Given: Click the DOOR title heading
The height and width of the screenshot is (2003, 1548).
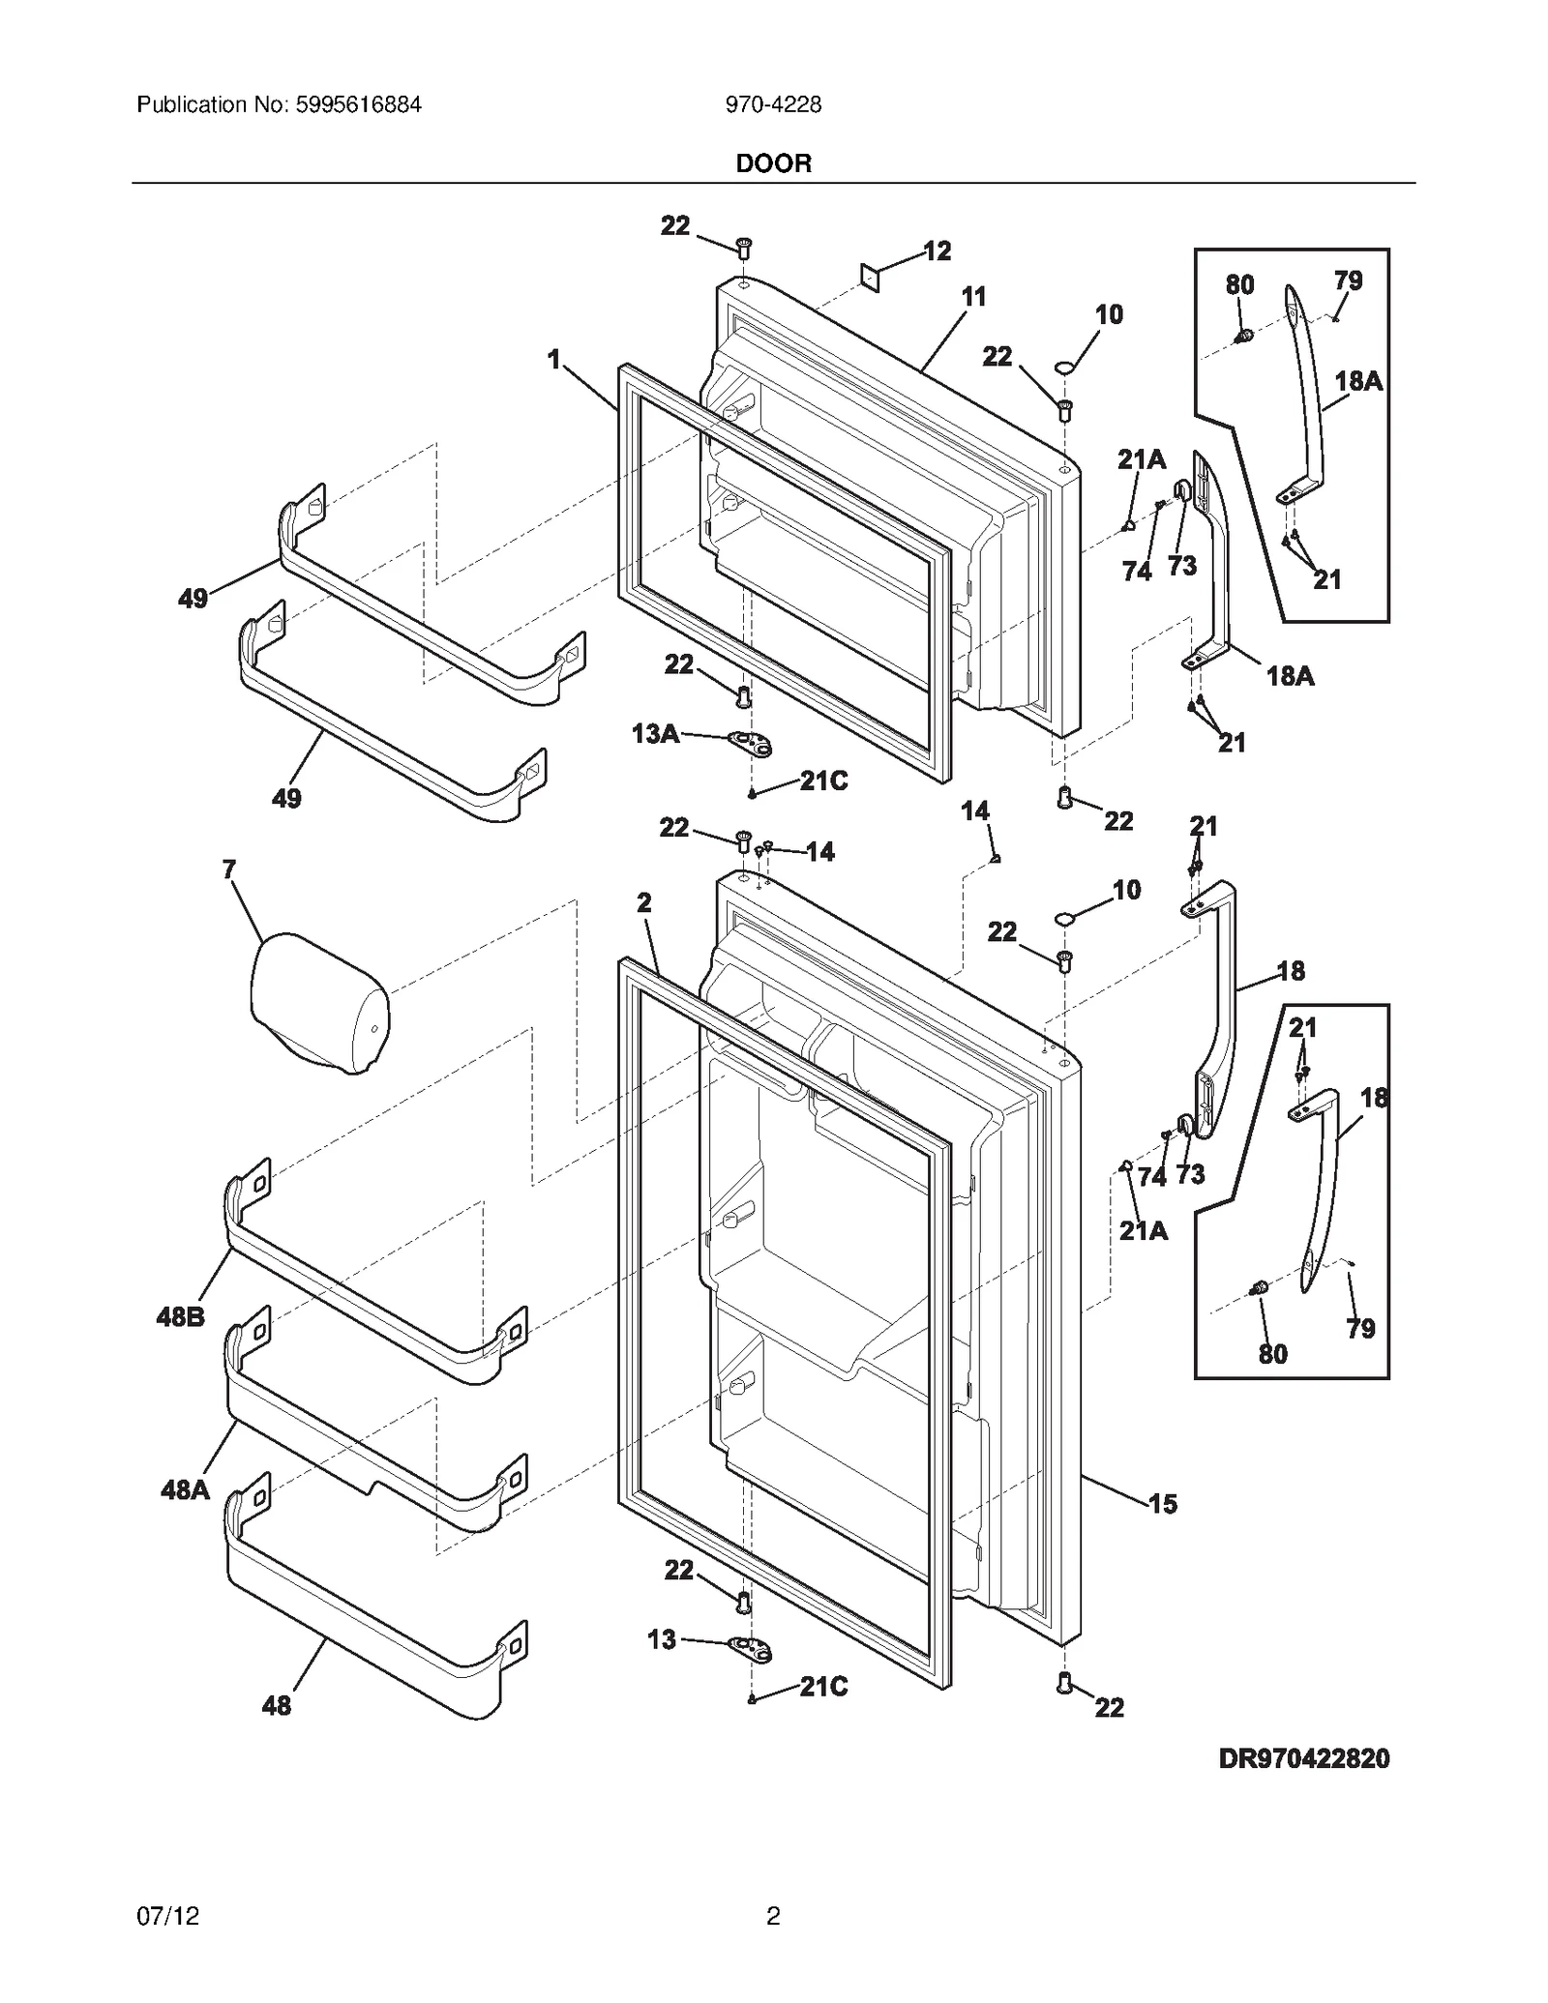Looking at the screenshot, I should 773,163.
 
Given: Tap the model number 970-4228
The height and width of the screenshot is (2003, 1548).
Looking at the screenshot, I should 773,104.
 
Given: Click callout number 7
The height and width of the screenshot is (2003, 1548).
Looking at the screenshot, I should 228,869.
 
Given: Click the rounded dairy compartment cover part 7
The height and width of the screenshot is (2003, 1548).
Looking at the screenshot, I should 319,1003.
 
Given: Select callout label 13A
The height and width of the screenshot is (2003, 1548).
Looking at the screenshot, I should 654,734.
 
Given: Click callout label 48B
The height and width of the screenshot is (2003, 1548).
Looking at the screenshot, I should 180,1316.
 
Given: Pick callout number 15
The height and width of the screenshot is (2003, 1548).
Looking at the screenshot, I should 1162,1503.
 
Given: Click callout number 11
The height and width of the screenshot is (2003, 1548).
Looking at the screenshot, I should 973,297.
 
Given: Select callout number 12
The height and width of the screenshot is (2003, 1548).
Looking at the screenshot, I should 937,251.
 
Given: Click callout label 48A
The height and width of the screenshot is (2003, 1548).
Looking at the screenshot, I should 185,1489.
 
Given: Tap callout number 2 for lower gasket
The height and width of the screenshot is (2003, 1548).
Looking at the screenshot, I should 644,902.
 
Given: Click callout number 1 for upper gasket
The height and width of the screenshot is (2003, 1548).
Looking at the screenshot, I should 553,360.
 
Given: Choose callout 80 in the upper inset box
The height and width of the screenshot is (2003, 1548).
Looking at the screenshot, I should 1239,284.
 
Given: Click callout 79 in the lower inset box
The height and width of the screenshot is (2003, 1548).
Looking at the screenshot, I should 1360,1328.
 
